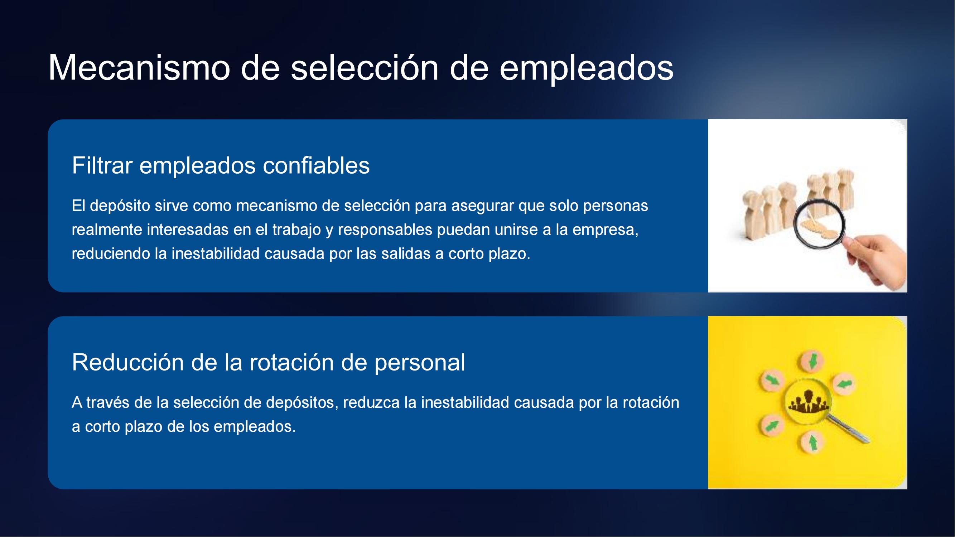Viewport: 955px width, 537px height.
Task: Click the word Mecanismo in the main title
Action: pos(139,67)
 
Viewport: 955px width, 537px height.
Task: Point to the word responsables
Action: pos(385,230)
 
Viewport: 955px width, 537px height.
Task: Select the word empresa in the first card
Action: pos(606,230)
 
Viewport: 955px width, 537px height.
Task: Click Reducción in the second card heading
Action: pos(128,362)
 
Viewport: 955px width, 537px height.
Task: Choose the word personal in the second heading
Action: pos(420,363)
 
